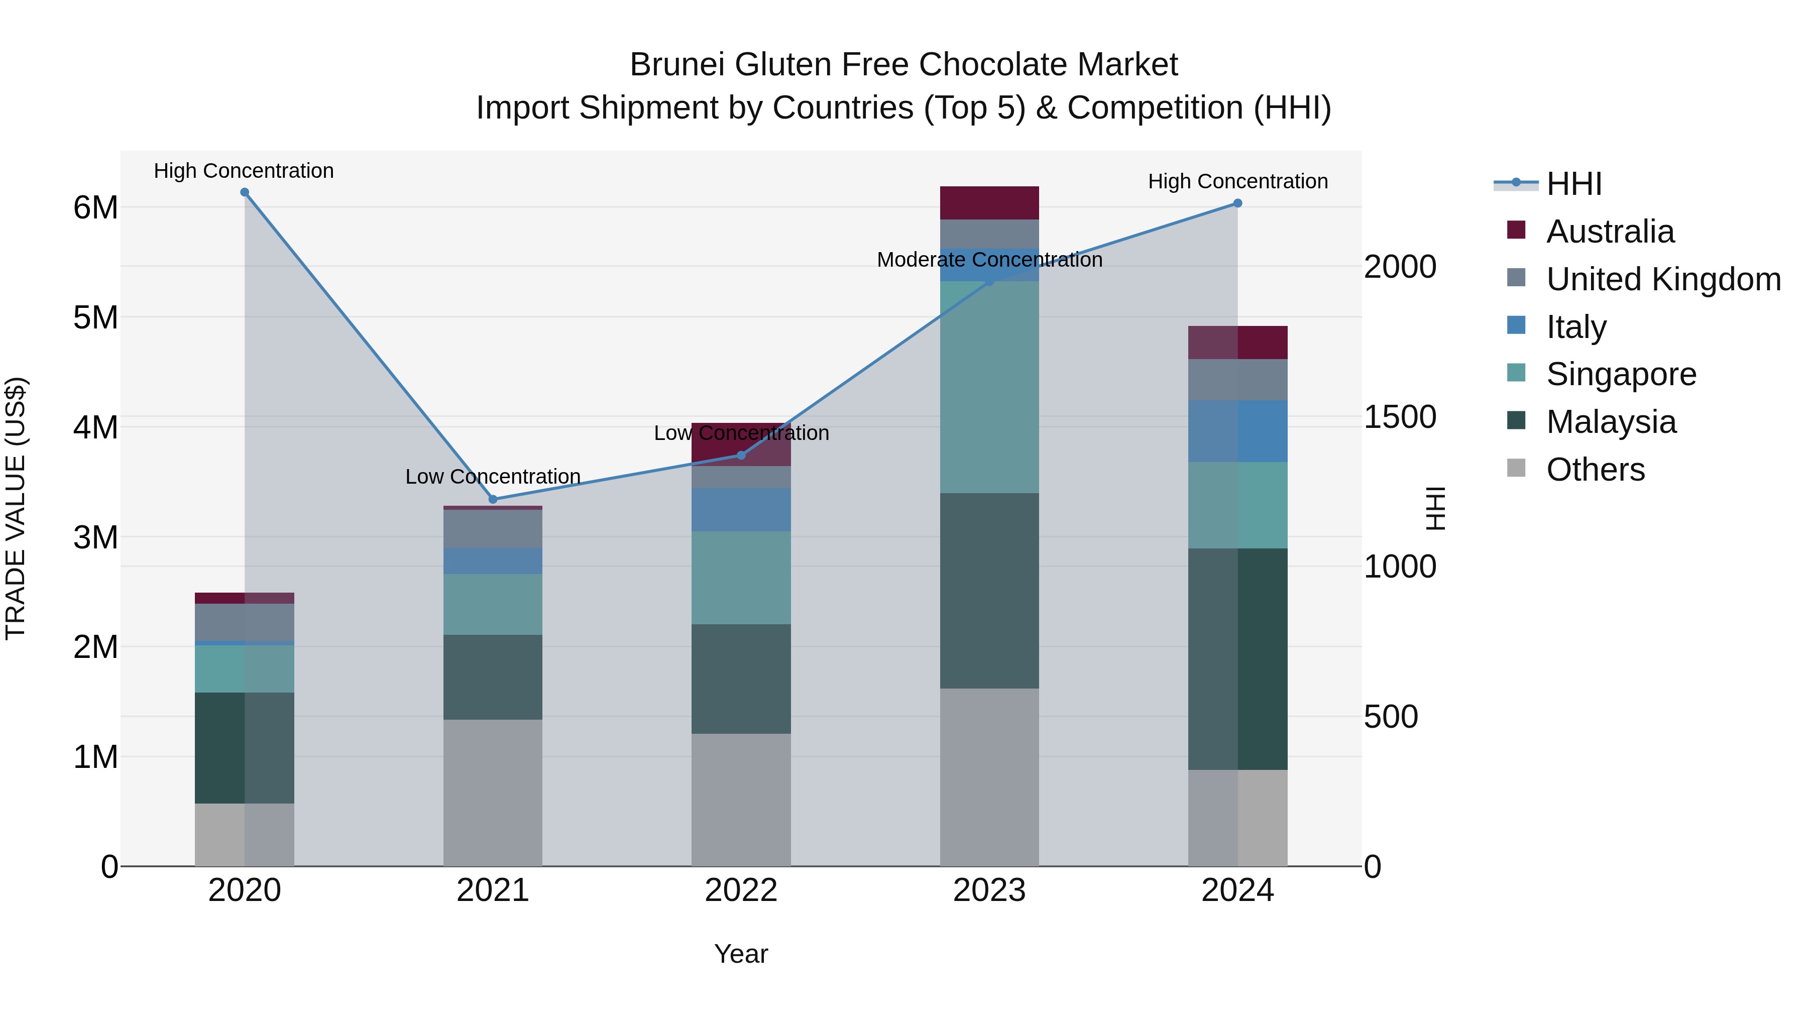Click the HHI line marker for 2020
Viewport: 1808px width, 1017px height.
pyautogui.click(x=244, y=192)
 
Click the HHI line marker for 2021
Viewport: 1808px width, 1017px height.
pyautogui.click(x=493, y=500)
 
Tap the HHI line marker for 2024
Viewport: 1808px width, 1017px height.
pyautogui.click(x=1237, y=203)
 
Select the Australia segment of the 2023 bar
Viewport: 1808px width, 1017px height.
pyautogui.click(x=989, y=203)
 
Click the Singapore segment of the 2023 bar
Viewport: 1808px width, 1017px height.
pyautogui.click(x=989, y=387)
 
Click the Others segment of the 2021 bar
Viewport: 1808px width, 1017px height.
pyautogui.click(x=493, y=793)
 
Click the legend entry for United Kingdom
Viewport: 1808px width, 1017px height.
pyautogui.click(x=1663, y=279)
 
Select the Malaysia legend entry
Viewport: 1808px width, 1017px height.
pyautogui.click(x=1610, y=422)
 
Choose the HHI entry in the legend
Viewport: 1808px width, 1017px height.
pyautogui.click(x=1573, y=184)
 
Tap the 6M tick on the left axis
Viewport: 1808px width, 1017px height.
pyautogui.click(x=96, y=208)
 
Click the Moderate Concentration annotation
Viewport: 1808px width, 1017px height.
pyautogui.click(x=989, y=260)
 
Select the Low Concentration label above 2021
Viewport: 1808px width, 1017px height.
pyautogui.click(x=493, y=477)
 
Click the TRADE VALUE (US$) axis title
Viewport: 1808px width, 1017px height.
pyautogui.click(x=16, y=508)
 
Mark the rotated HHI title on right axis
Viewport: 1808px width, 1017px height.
pyautogui.click(x=1435, y=508)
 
